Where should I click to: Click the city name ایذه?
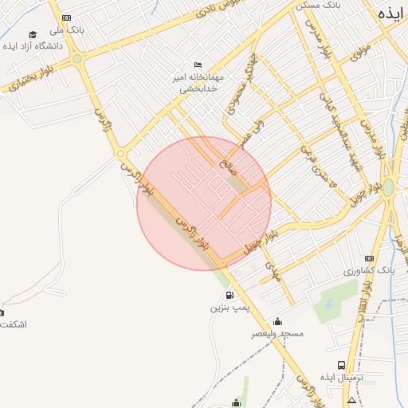[x=388, y=13]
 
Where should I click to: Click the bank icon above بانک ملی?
[x=66, y=18]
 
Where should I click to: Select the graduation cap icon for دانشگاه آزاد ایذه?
[x=33, y=34]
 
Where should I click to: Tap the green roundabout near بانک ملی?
[x=77, y=58]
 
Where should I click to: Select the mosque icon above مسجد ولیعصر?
[x=277, y=321]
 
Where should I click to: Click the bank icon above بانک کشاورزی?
[x=369, y=258]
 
